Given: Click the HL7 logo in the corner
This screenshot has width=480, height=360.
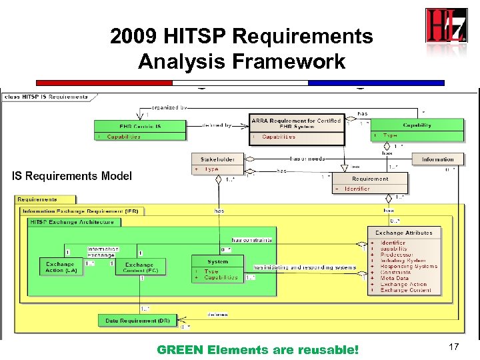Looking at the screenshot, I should coord(445,26).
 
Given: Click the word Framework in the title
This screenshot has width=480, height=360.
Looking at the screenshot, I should coord(289,62).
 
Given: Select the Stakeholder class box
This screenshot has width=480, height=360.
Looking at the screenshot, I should coord(217,164).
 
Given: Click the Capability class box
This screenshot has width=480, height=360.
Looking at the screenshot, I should coord(417,130).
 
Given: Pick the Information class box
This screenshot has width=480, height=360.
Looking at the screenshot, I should coord(437,159).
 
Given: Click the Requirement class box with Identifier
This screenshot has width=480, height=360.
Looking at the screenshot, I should coord(370,183).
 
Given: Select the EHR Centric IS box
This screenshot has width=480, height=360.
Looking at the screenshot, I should coord(140,131).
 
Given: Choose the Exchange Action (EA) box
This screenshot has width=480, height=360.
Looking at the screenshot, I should coord(61,267).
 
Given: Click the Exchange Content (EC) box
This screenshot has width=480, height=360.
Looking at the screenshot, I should coord(139,267).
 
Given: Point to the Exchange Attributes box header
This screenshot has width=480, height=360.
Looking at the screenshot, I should coord(404,233).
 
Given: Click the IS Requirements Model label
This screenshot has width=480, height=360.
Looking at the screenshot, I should coord(72,176).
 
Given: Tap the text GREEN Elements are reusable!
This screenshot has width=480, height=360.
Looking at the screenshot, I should coord(257,349).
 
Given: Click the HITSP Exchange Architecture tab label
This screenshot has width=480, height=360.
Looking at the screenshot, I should coord(71,222).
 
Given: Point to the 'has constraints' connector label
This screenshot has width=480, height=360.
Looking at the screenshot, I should coord(251,240).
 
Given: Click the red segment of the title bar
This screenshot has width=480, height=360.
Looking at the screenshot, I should coord(103,83).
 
